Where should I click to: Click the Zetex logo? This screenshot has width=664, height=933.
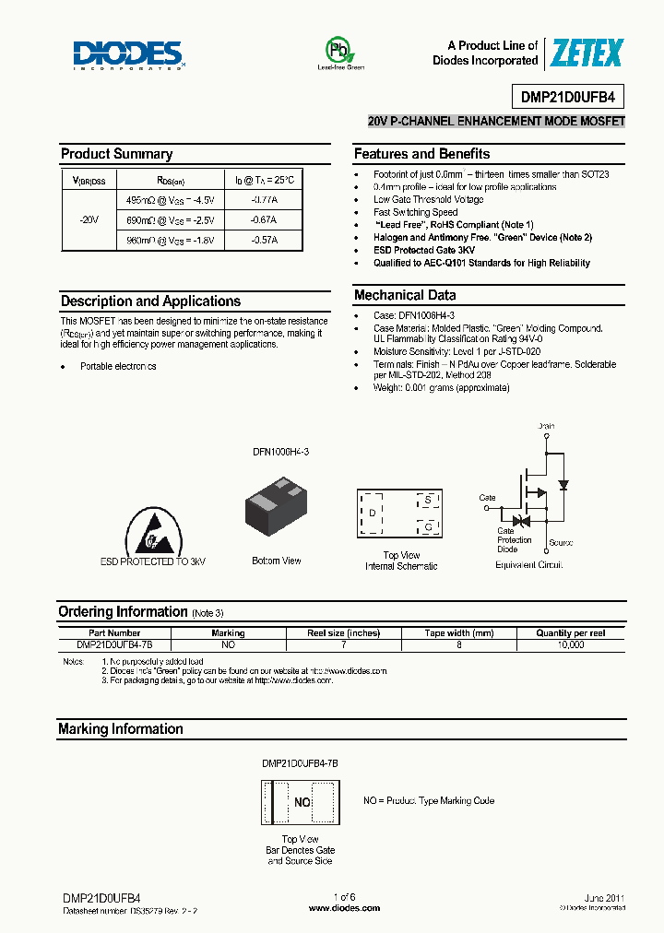tap(587, 53)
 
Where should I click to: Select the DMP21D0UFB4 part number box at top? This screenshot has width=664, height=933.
tap(567, 96)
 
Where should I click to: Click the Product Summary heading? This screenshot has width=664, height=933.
tap(116, 154)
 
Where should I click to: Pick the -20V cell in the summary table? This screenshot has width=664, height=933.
tap(89, 219)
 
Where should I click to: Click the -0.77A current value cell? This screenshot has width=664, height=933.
tap(263, 199)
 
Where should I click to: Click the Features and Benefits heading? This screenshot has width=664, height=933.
tap(421, 154)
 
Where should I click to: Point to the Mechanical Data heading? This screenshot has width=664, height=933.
tap(405, 295)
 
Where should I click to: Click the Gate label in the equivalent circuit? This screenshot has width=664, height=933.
tap(487, 498)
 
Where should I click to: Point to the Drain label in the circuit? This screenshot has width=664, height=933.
tap(547, 426)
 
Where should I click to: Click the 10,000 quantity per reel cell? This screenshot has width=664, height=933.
tap(571, 645)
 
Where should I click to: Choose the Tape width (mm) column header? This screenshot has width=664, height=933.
tap(458, 633)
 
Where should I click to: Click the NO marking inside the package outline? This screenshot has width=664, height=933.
tap(302, 802)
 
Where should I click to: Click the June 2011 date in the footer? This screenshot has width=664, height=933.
tap(604, 897)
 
